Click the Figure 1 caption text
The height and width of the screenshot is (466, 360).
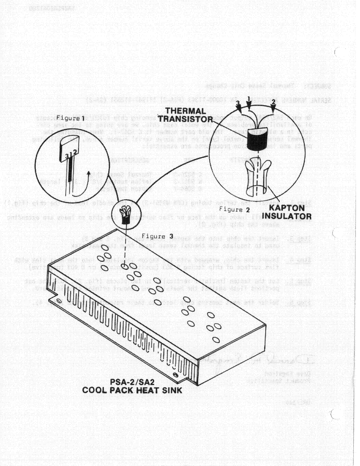(70, 118)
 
